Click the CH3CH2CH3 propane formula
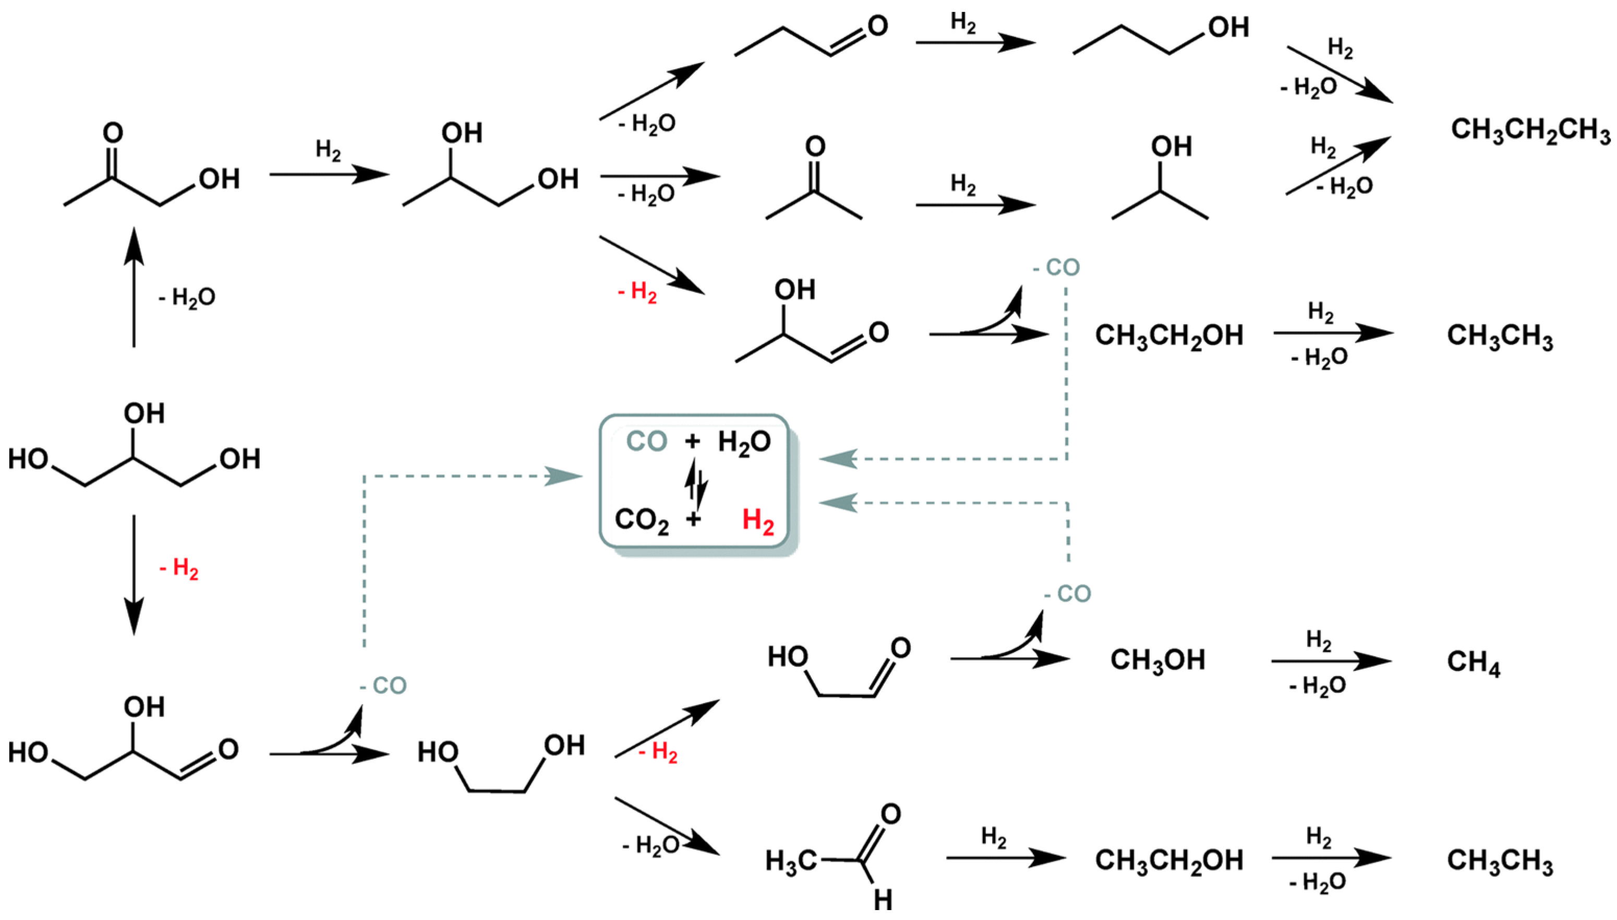[x=1530, y=131]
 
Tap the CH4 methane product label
[x=1473, y=662]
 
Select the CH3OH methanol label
[x=1157, y=660]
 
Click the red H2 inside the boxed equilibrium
[x=757, y=521]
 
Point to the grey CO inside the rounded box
[x=646, y=441]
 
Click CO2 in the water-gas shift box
[x=641, y=521]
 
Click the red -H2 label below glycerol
[x=179, y=568]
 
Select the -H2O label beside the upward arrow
[x=187, y=297]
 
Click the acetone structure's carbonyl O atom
[x=815, y=146]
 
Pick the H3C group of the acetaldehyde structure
[x=791, y=861]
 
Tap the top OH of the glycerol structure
[x=144, y=414]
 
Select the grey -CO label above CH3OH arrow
[x=1067, y=594]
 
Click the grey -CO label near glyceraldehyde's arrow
[x=383, y=685]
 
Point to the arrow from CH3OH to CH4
[x=1330, y=661]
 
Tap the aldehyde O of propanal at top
[x=877, y=26]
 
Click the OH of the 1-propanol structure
[x=1227, y=28]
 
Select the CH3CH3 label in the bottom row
[x=1500, y=861]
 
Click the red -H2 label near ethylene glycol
[x=659, y=752]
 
